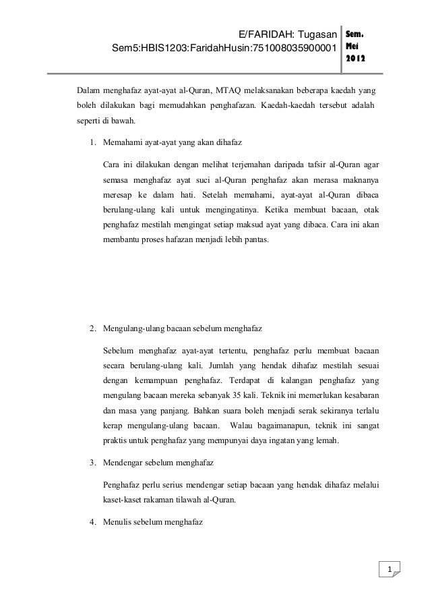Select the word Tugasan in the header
pyautogui.click(x=317, y=34)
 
